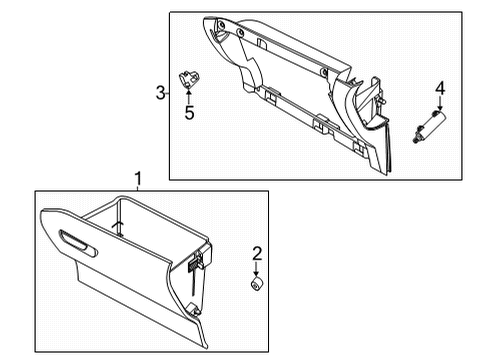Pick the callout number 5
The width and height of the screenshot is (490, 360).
(x=188, y=113)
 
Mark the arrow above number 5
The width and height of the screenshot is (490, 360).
(x=188, y=94)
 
